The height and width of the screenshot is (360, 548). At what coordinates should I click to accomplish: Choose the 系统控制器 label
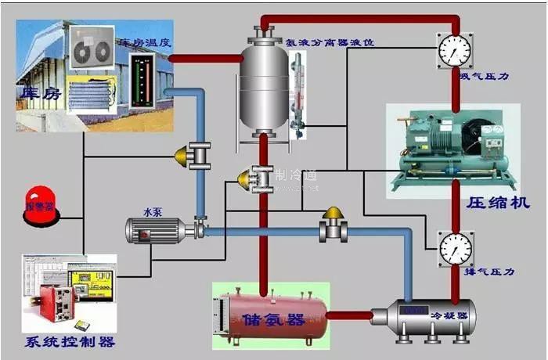pyautogui.click(x=70, y=342)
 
